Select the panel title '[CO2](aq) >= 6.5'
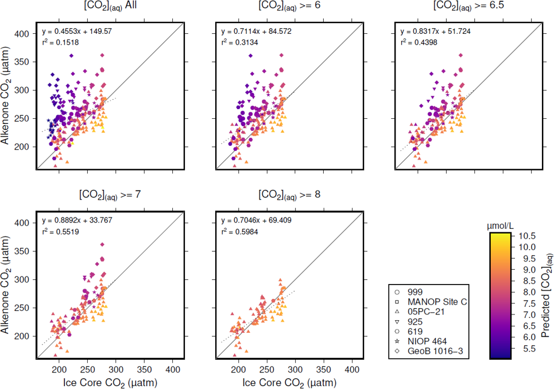tap(468, 8)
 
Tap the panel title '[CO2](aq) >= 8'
tap(289, 195)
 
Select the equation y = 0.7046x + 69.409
tap(257, 220)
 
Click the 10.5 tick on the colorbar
tap(526, 236)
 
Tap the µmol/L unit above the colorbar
tap(501, 225)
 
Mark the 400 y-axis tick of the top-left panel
tap(25, 34)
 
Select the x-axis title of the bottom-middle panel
tap(289, 382)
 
